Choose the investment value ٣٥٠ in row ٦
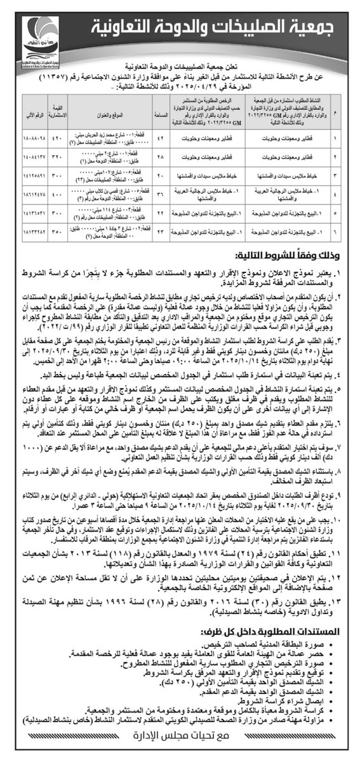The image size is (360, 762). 58,232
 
